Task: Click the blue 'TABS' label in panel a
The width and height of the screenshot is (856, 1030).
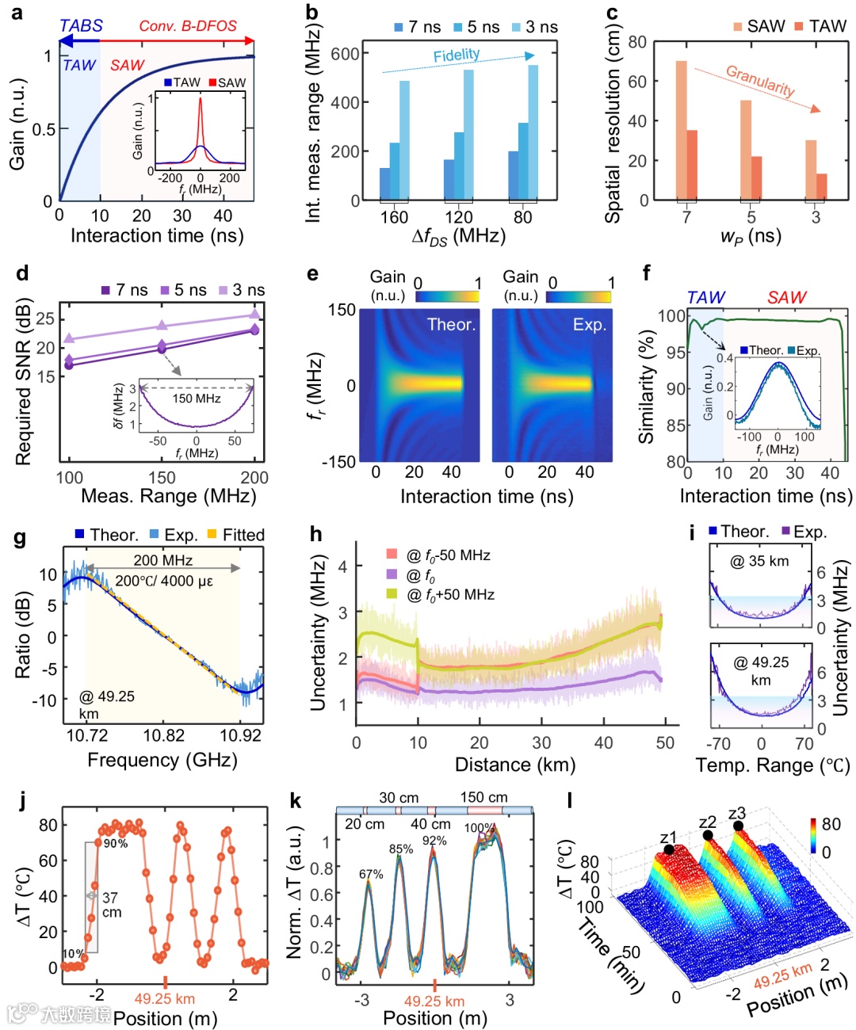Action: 81,25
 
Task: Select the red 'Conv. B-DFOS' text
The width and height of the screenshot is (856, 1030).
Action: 188,25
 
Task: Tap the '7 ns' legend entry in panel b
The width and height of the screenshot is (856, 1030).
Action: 417,27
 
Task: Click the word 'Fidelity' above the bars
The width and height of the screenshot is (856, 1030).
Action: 457,55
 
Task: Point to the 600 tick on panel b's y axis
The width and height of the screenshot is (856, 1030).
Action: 345,54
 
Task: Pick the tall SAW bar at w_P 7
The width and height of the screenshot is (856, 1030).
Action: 681,130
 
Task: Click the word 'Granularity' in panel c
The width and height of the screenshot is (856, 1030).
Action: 760,80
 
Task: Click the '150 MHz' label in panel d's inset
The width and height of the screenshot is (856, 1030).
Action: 197,399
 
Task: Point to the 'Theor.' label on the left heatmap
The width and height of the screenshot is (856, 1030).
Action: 451,325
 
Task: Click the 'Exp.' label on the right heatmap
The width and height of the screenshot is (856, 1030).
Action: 590,325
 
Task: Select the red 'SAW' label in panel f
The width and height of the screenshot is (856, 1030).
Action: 786,297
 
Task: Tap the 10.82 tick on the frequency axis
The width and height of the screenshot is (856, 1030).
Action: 163,735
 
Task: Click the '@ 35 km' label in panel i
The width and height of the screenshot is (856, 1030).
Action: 759,561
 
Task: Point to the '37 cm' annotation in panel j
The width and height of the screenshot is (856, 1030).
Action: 111,904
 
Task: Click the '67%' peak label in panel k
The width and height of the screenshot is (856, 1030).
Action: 371,874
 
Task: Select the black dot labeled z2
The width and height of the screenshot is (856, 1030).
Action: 708,836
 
